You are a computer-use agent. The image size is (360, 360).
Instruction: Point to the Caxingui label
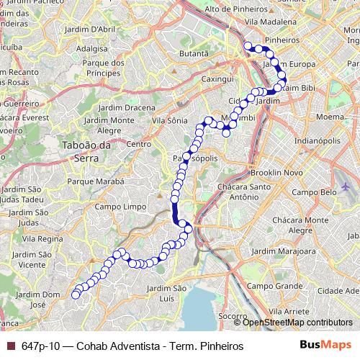tap(217, 78)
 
